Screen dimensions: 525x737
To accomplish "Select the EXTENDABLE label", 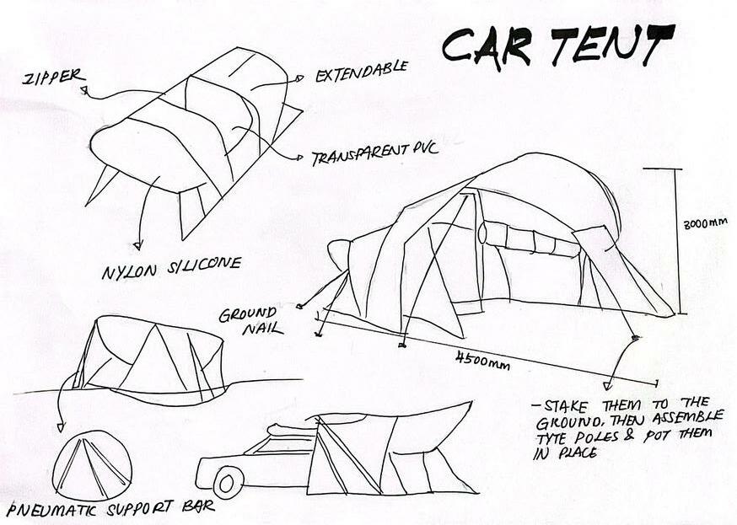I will pos(361,67).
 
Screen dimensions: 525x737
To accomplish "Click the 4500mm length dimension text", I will pos(482,361).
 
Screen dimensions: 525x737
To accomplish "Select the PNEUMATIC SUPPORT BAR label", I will pos(110,507).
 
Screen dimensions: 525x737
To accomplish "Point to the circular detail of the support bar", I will pos(92,464).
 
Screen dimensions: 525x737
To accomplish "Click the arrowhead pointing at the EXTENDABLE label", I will pos(299,78).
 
